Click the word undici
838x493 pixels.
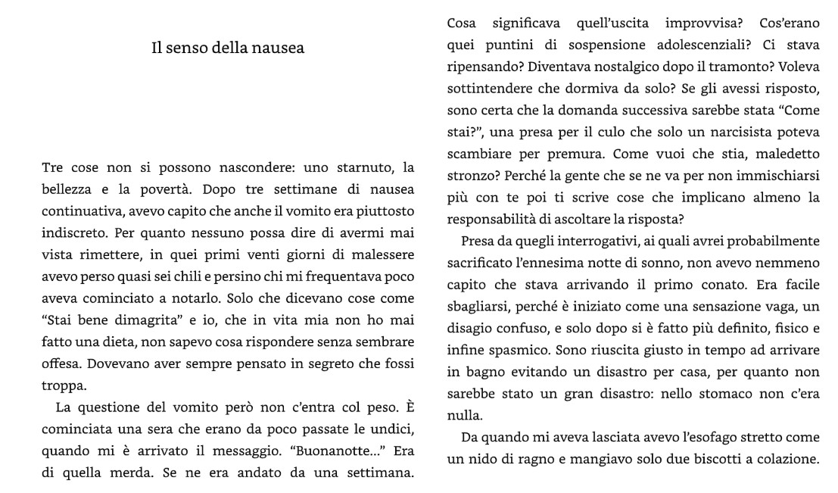[394, 430]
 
